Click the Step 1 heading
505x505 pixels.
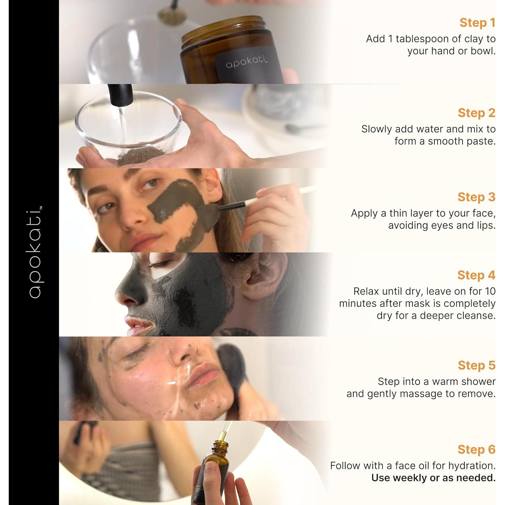[477, 23]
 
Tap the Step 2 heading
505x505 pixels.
[477, 113]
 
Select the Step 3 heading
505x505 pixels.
[477, 197]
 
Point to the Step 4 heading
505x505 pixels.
[476, 275]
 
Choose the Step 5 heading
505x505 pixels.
[477, 365]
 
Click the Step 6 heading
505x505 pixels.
[477, 449]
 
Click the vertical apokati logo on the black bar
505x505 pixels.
[35, 252]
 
